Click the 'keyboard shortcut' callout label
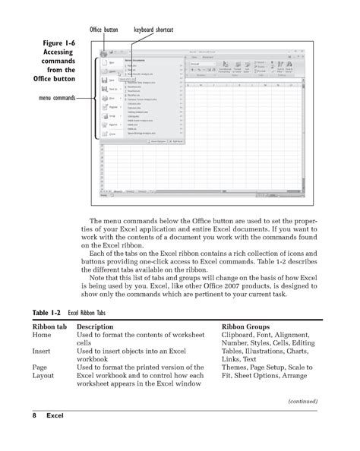[x=154, y=30]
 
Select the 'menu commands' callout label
[x=53, y=98]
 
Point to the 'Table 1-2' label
[x=47, y=312]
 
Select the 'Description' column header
[x=99, y=325]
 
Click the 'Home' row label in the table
[x=42, y=334]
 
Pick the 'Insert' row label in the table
[x=42, y=352]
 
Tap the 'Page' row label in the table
[x=40, y=369]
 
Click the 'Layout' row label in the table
[x=43, y=377]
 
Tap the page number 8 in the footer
[x=35, y=417]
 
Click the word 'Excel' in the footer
[x=55, y=417]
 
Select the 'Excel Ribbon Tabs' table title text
[x=96, y=312]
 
